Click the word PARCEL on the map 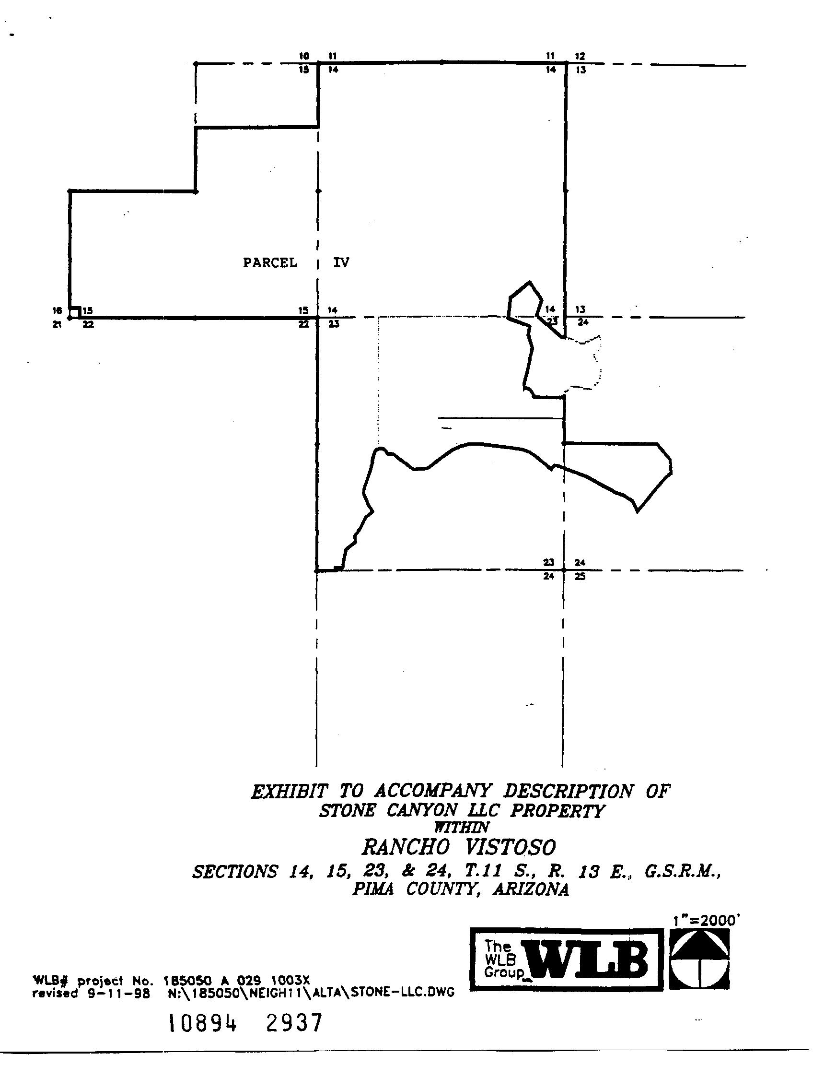coord(270,262)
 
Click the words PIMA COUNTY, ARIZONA coord(460,889)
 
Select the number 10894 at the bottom coord(203,1024)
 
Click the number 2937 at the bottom coord(294,1023)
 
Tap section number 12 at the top coord(580,57)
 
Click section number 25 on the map coord(580,576)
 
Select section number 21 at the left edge coord(57,325)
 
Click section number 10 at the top coord(304,56)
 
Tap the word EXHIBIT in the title coord(290,792)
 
